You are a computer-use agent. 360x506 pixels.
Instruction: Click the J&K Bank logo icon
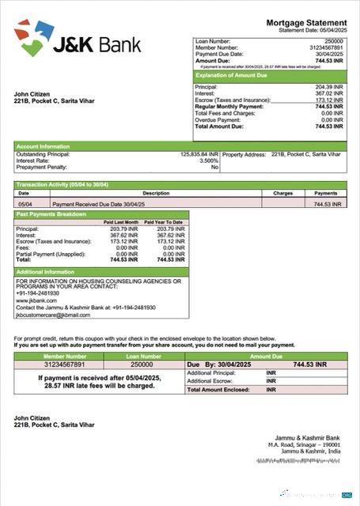point(33,37)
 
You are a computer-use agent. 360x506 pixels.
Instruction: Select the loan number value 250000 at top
point(334,40)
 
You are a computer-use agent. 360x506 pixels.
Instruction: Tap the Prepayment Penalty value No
point(214,168)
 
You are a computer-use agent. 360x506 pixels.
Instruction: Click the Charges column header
point(282,193)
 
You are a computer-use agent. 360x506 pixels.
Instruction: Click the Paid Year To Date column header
point(169,222)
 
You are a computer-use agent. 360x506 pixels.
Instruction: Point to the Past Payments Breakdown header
point(51,214)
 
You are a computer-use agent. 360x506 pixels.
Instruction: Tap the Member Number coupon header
point(53,357)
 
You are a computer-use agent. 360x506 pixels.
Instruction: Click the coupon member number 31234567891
point(53,364)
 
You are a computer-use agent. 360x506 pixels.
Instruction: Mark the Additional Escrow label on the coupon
point(211,380)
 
